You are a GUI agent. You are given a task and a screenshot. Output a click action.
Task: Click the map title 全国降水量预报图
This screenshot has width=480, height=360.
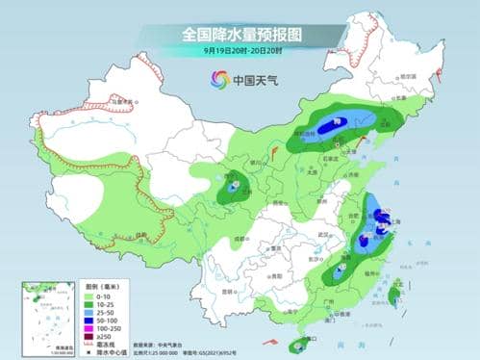[240, 34]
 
